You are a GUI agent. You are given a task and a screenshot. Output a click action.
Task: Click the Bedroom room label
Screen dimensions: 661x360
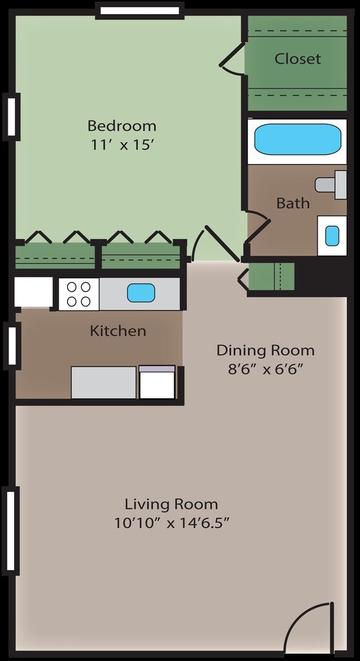pos(122,125)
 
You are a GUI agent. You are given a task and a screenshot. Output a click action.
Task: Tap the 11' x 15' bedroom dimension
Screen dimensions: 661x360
pos(122,145)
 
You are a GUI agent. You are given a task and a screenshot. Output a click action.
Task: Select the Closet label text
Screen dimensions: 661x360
pos(297,59)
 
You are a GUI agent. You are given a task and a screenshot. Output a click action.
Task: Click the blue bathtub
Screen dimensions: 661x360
pos(297,139)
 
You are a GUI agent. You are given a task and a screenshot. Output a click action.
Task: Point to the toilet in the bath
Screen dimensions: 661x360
pos(330,184)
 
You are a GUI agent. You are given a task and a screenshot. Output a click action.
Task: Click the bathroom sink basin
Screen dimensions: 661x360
pos(332,236)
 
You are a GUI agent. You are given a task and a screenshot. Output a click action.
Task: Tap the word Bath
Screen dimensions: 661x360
pos(293,203)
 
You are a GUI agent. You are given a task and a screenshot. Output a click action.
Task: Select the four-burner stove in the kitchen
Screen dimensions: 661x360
pos(79,294)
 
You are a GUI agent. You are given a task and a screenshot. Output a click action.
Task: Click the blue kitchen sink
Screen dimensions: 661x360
pos(141,293)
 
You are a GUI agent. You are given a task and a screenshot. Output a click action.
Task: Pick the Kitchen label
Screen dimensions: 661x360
pos(117,331)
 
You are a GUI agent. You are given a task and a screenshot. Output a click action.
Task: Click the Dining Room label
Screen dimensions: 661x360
pos(265,351)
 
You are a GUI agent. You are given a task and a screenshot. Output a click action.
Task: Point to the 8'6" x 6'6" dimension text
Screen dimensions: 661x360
pos(265,370)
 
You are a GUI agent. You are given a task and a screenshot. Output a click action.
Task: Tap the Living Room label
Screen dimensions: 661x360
pos(171,504)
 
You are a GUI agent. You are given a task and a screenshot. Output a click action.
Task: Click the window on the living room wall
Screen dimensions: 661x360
pos(10,531)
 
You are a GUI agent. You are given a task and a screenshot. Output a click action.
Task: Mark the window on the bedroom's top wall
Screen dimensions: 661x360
pos(139,10)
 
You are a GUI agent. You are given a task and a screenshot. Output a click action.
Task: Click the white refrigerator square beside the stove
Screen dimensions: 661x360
pos(34,292)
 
